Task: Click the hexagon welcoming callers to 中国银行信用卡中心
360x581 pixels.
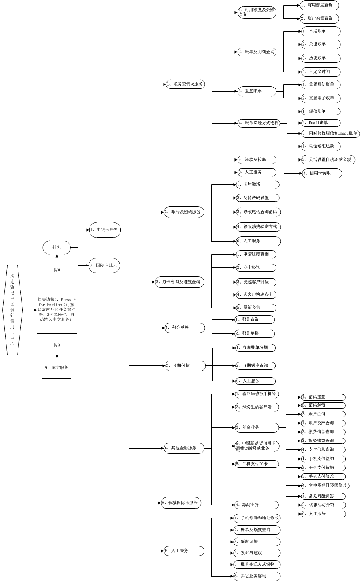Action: click(x=12, y=310)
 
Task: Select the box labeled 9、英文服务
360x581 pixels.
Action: click(x=56, y=368)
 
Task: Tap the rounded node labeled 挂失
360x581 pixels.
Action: click(x=57, y=247)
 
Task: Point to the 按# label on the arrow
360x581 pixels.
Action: click(x=57, y=270)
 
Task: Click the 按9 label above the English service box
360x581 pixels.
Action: click(x=57, y=345)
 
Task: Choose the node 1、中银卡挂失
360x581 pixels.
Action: click(x=105, y=230)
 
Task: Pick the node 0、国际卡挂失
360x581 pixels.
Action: click(x=104, y=265)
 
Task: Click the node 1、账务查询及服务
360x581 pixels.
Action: click(x=186, y=84)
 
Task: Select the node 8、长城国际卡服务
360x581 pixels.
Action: click(x=181, y=503)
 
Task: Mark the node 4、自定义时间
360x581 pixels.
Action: click(x=320, y=72)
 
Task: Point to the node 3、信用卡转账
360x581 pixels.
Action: click(x=322, y=173)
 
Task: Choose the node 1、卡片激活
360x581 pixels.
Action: click(x=257, y=184)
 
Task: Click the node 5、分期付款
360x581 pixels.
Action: click(x=185, y=365)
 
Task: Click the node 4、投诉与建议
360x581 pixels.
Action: click(x=257, y=553)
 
